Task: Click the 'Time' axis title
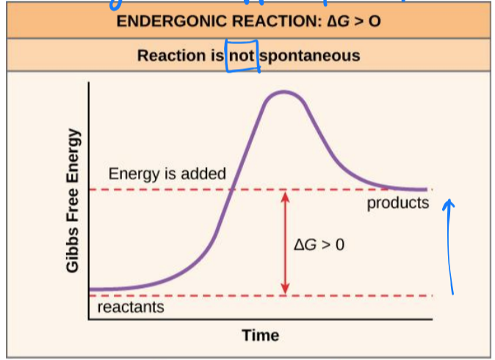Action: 261,336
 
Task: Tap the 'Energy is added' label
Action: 167,174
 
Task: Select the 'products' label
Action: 398,203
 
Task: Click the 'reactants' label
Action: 131,307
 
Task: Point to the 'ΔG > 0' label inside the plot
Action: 319,244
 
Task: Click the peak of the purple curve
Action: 281,93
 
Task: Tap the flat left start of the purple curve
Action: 103,289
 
